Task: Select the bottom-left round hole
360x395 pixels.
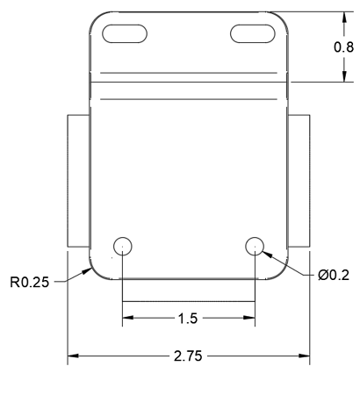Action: [122, 245]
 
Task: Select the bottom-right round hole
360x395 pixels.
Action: [255, 245]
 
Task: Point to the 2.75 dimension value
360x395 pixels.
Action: [189, 356]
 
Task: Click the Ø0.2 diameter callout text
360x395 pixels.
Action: [333, 276]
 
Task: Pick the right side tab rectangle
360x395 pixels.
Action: [299, 180]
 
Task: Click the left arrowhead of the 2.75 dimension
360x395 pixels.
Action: [74, 356]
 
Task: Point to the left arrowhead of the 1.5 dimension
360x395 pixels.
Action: [127, 317]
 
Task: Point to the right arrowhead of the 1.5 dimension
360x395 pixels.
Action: [249, 317]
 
